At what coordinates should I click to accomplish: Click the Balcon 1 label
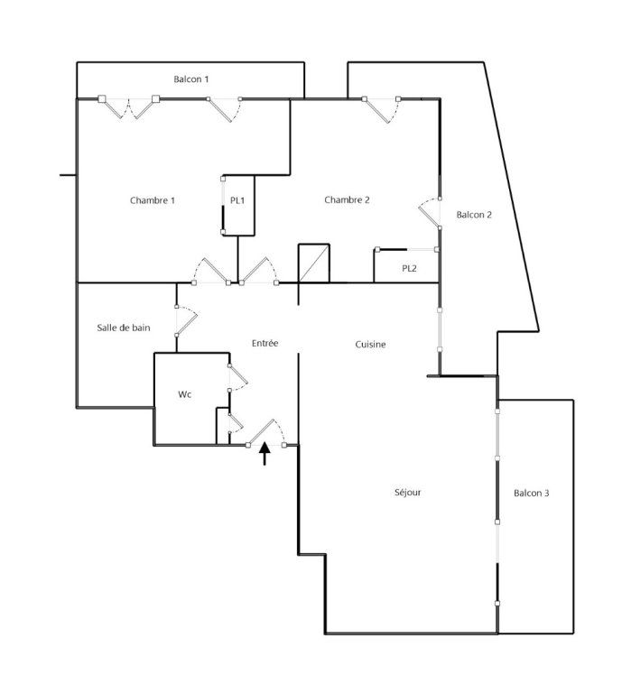pyautogui.click(x=191, y=79)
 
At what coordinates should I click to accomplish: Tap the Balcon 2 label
pyautogui.click(x=474, y=215)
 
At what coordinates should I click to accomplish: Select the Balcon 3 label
pyautogui.click(x=531, y=493)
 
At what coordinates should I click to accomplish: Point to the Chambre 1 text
pyautogui.click(x=153, y=200)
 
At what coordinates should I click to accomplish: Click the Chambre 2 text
pyautogui.click(x=348, y=200)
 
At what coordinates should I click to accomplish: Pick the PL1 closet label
pyautogui.click(x=237, y=200)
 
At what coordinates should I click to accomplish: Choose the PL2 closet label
pyautogui.click(x=409, y=268)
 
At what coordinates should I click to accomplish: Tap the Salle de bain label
pyautogui.click(x=124, y=328)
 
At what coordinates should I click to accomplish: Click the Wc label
pyautogui.click(x=185, y=394)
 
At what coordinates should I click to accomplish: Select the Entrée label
pyautogui.click(x=265, y=343)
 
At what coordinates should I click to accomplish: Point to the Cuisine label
pyautogui.click(x=370, y=344)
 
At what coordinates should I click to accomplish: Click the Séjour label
pyautogui.click(x=408, y=493)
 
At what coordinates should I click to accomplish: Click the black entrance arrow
pyautogui.click(x=265, y=453)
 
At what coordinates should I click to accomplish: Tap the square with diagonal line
pyautogui.click(x=315, y=263)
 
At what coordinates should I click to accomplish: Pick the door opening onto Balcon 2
pyautogui.click(x=429, y=213)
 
